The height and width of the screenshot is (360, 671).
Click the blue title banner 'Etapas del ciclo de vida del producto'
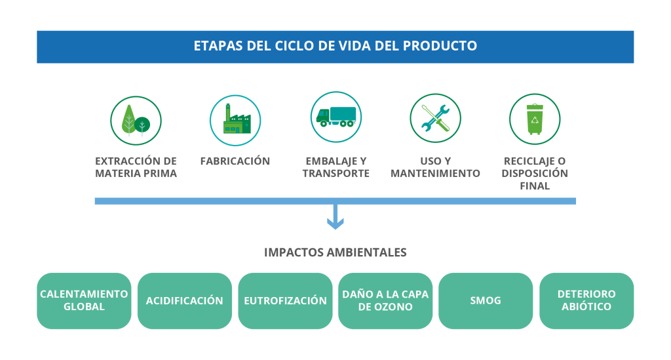335,47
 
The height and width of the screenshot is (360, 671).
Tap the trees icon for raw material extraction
136,121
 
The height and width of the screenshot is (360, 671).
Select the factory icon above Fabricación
235,120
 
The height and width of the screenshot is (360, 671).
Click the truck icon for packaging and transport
336,117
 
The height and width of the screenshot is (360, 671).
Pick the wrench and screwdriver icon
435,118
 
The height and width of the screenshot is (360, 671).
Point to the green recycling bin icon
535,119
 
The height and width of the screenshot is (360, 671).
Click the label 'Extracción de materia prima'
136,167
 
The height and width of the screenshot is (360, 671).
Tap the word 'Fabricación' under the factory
235,161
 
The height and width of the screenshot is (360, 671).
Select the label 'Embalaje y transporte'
336,167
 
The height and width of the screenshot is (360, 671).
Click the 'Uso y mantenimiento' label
435,167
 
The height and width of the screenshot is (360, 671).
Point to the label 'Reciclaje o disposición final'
535,173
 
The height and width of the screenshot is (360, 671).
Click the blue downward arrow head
335,223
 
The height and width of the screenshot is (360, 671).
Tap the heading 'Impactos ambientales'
335,252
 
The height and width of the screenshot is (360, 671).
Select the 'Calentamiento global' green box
84,301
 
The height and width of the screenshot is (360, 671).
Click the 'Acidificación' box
184,301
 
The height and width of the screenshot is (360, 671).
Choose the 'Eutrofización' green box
285,301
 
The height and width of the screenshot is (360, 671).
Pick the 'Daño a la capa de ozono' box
385,301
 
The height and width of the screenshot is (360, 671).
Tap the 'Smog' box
486,301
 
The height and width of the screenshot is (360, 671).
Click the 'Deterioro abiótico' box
586,301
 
